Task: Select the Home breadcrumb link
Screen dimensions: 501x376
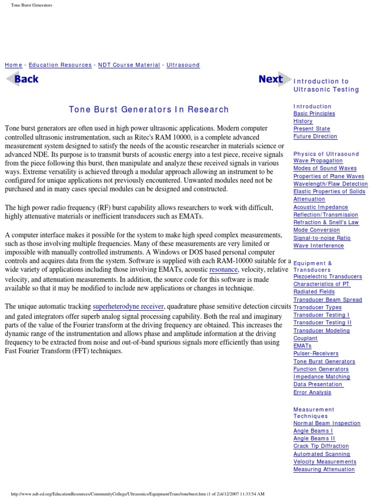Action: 13,65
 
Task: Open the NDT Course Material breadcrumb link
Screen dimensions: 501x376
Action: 129,65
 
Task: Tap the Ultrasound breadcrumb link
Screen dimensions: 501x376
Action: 183,65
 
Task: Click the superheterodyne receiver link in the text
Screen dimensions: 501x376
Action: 128,307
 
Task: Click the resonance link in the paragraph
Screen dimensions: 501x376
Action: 223,270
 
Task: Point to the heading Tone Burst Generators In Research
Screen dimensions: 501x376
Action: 148,110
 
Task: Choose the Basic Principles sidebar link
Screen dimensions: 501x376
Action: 314,114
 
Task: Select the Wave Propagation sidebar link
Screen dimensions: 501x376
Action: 318,160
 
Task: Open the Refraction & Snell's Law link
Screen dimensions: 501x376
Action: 326,222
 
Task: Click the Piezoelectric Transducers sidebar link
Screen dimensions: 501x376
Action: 328,276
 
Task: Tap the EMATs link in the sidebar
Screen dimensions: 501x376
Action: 302,346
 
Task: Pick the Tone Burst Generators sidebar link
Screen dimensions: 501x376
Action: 324,362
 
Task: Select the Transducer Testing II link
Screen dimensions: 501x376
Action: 322,323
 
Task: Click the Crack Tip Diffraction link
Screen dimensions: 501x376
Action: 321,446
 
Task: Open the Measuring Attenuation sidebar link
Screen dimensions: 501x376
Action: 324,469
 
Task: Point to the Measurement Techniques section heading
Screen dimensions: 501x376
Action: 314,412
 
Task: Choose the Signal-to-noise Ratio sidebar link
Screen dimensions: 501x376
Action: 322,238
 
